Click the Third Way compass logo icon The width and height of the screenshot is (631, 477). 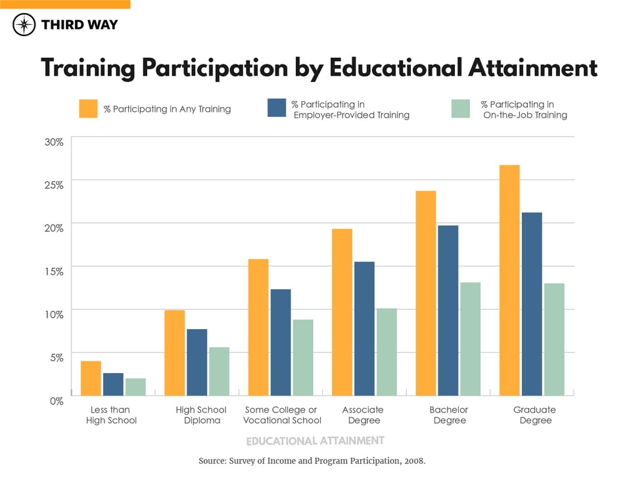(24, 25)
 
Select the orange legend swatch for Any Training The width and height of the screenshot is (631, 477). (88, 109)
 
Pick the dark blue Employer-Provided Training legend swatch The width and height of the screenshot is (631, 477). (277, 109)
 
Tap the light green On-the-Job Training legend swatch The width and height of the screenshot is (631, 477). (461, 109)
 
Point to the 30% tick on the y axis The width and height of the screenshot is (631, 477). (53, 142)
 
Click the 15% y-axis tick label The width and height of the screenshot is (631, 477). (53, 271)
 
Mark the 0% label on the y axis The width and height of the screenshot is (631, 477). (55, 399)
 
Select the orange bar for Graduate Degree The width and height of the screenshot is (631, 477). (509, 280)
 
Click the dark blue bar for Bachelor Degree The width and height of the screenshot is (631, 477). (448, 310)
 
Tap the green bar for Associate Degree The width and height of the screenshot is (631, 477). (386, 352)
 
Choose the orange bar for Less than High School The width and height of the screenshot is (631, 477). (91, 378)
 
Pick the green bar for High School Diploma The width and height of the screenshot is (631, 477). (219, 371)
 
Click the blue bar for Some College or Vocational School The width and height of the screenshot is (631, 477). (281, 342)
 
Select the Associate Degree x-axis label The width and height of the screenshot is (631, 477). (362, 415)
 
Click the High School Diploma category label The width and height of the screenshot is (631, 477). (201, 415)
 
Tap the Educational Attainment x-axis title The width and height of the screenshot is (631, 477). (315, 440)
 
